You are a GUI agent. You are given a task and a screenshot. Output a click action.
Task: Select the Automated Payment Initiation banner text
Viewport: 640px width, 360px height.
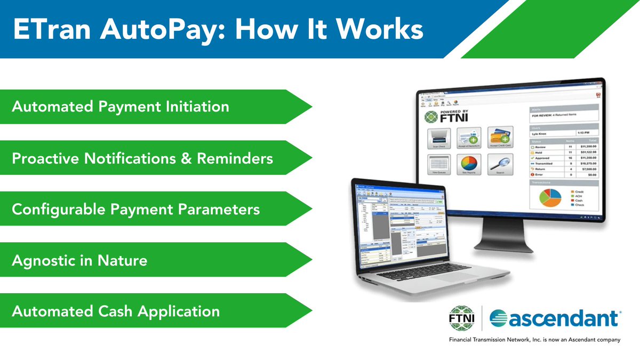point(121,107)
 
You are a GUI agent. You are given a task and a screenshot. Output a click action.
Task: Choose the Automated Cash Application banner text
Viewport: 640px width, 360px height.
point(116,311)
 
